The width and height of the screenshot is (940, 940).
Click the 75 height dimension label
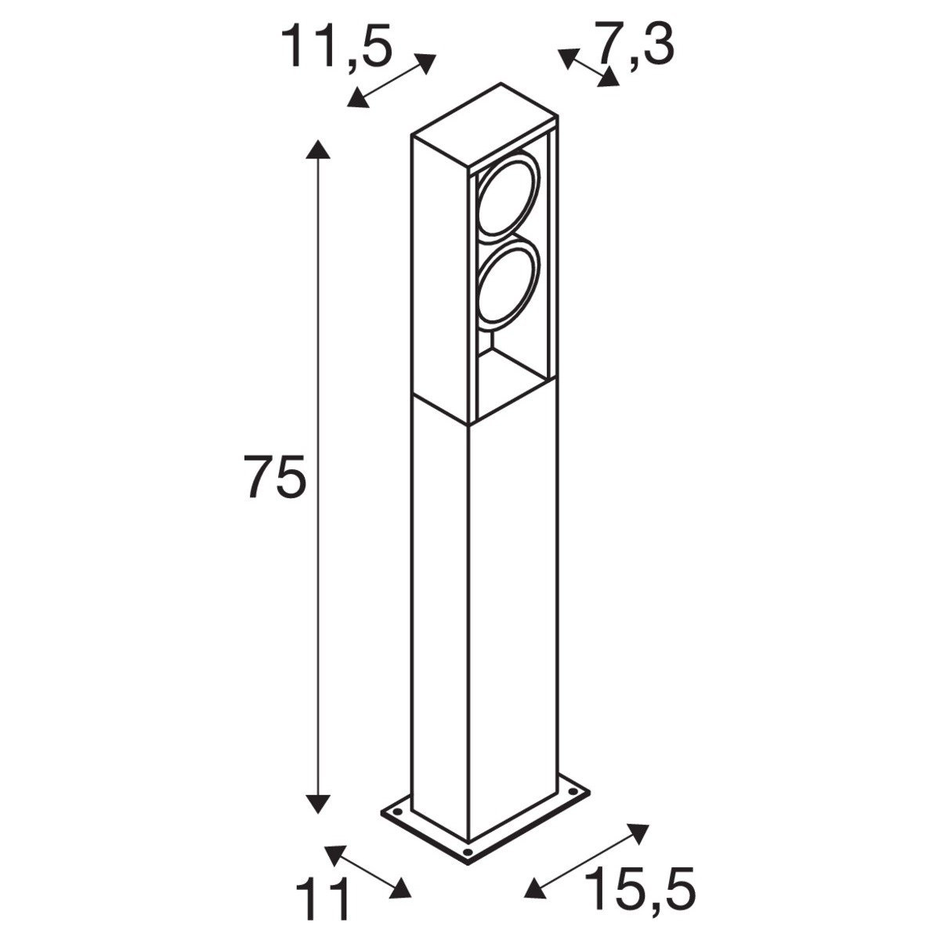coord(273,475)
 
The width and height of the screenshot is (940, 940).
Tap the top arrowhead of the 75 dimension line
coord(316,151)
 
